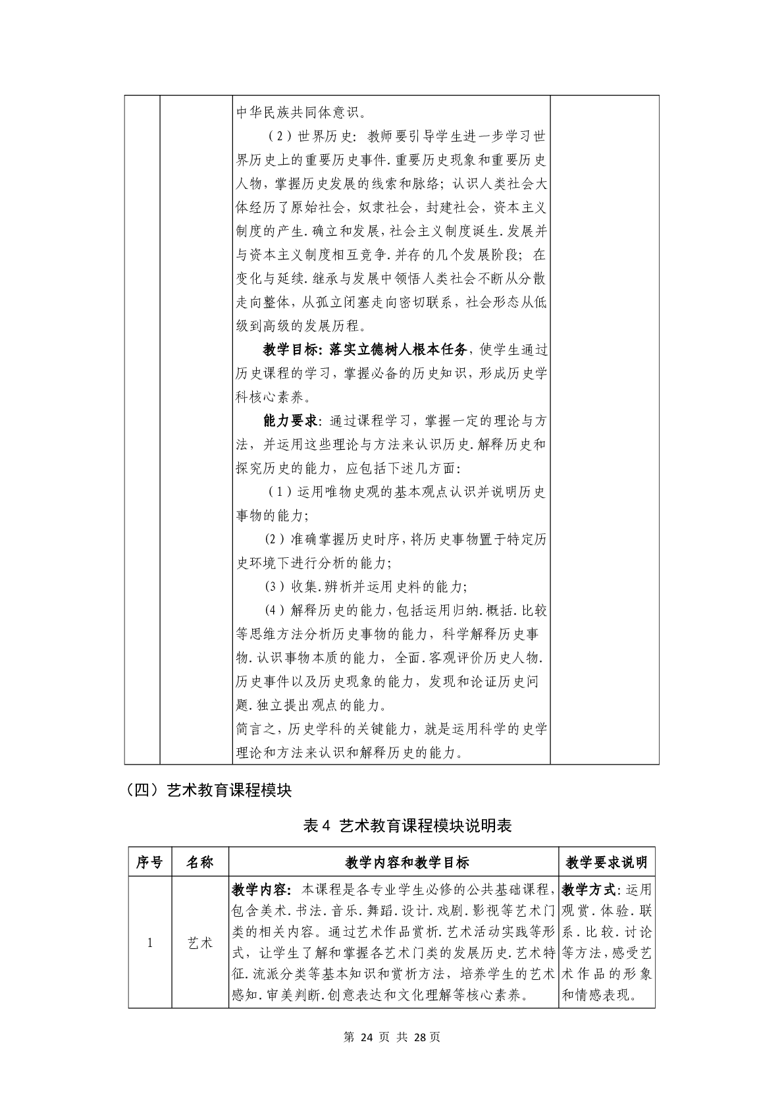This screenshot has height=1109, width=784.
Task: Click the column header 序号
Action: pos(149,862)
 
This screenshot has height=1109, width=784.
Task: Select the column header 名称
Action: pos(199,862)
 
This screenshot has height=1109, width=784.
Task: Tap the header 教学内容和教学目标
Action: pos(393,862)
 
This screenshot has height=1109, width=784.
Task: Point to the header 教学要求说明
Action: pos(607,862)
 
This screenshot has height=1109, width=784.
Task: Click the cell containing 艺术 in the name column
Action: pos(199,943)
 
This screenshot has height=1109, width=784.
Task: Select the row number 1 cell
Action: pos(149,943)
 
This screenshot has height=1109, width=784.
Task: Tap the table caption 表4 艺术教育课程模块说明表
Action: pos(407,826)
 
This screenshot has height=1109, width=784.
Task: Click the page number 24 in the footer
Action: pos(367,1037)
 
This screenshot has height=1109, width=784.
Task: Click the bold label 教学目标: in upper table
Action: pos(292,349)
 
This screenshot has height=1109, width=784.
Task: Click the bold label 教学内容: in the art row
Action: pos(261,890)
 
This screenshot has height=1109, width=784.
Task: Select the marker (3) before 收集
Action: pos(274,586)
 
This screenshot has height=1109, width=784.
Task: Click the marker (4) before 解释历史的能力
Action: pos(274,610)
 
